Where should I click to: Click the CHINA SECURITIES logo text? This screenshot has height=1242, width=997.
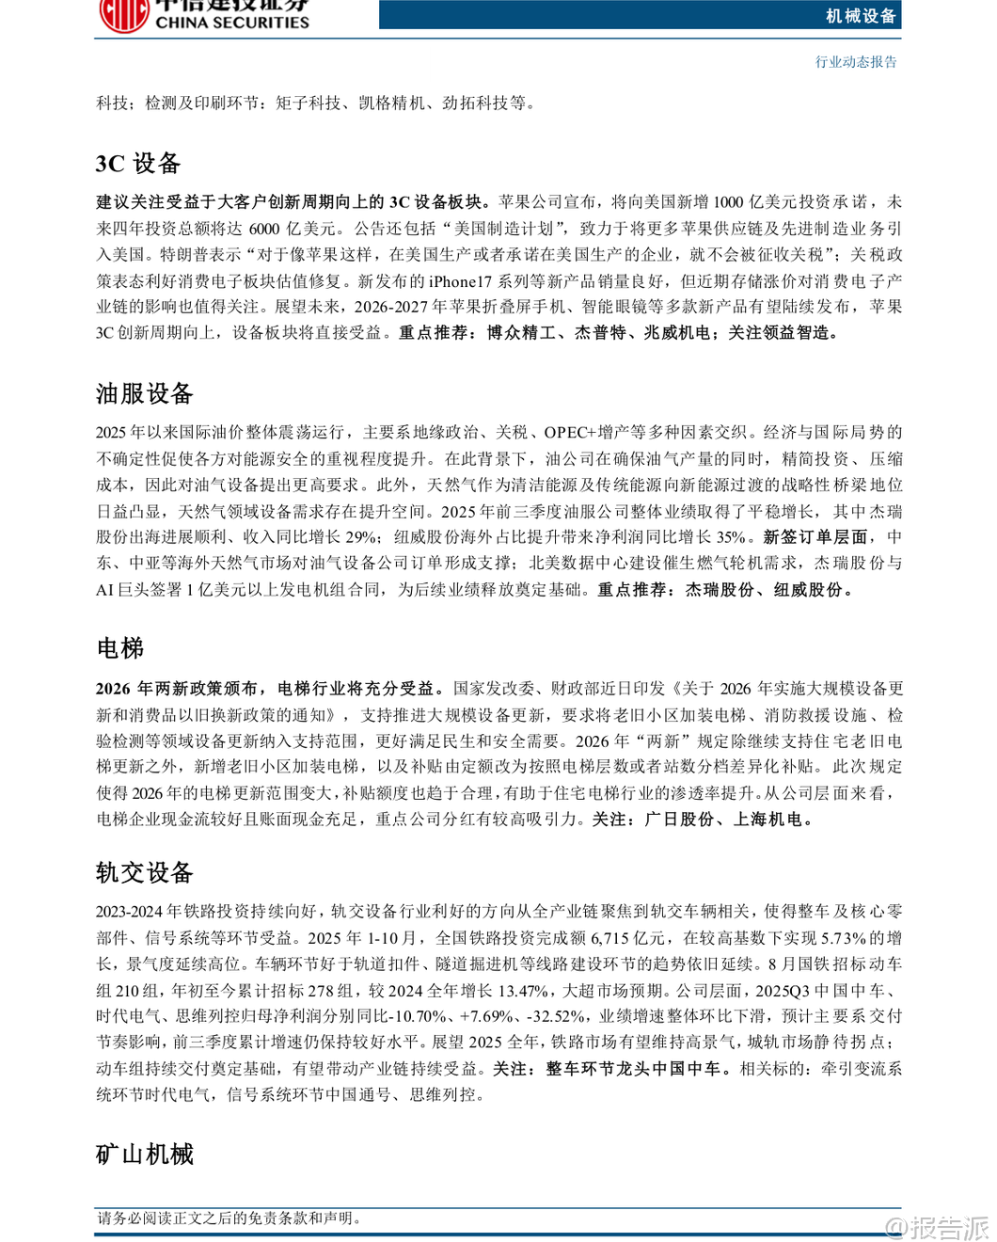click(x=231, y=22)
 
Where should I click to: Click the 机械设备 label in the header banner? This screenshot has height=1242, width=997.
click(x=861, y=16)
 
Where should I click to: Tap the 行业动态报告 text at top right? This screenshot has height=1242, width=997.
click(x=856, y=62)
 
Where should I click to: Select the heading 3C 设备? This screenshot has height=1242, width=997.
click(x=138, y=164)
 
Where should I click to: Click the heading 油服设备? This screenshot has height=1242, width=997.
click(x=145, y=393)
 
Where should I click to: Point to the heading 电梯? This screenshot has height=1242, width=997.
click(x=120, y=648)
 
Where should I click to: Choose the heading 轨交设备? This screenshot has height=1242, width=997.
click(x=145, y=872)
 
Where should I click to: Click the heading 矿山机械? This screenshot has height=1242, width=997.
click(x=145, y=1154)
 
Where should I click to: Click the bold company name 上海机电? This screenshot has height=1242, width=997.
click(x=768, y=820)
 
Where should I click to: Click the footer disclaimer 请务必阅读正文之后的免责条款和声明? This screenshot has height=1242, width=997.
click(x=229, y=1218)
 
